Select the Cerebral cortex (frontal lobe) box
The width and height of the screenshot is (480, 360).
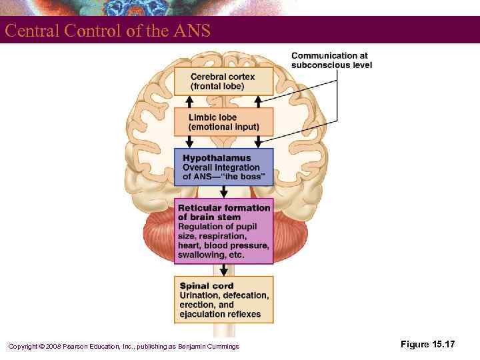click(223, 81)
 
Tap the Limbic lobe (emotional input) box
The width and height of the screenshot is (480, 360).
click(223, 122)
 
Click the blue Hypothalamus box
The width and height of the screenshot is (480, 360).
click(224, 167)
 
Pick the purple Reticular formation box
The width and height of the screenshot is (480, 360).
click(224, 231)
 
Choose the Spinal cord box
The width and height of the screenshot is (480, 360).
click(224, 299)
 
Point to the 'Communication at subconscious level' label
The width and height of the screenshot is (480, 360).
click(331, 60)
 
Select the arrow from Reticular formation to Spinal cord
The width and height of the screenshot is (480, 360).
click(224, 269)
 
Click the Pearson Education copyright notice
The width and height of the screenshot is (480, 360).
click(123, 345)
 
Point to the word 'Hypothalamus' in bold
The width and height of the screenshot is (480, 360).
click(217, 158)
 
